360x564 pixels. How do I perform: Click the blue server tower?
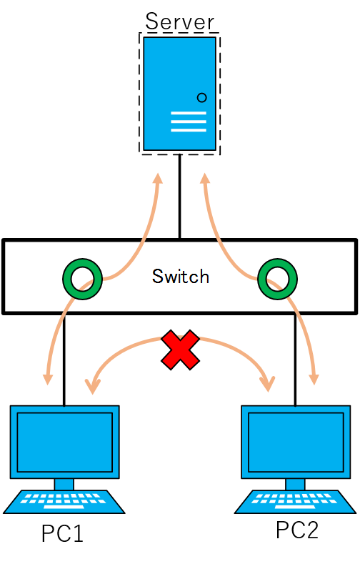(x=179, y=71)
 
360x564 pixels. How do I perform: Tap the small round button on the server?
(x=201, y=97)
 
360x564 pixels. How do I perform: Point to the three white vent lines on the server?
(x=189, y=122)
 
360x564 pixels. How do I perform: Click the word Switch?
(x=181, y=277)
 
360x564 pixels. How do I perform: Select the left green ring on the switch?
(x=82, y=279)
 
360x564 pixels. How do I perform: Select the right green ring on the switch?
(x=277, y=279)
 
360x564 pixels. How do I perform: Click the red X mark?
(x=180, y=350)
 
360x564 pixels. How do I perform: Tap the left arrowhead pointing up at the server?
(x=157, y=177)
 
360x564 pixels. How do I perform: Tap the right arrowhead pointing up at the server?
(x=204, y=177)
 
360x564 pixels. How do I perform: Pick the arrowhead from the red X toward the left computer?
(x=92, y=386)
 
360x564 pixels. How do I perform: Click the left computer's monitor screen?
(x=64, y=441)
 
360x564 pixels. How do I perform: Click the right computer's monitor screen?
(x=295, y=441)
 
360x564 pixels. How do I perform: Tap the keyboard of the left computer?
(x=64, y=501)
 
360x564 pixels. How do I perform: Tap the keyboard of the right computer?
(x=295, y=501)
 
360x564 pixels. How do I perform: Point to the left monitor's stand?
(x=64, y=484)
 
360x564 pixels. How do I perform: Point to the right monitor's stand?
(x=295, y=484)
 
